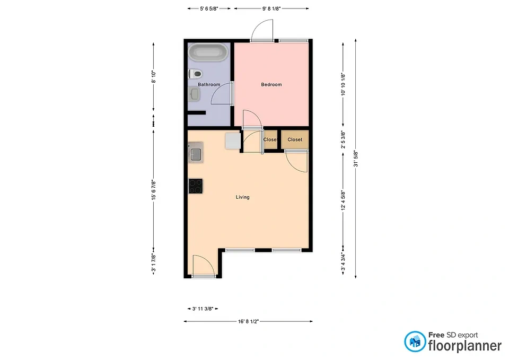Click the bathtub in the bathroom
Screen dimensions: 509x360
click(208, 52)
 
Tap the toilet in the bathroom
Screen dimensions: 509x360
click(195, 74)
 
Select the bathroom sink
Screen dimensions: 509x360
click(194, 95)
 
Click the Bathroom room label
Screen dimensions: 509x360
click(209, 84)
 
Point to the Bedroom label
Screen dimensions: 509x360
click(271, 84)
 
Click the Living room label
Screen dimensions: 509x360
click(242, 197)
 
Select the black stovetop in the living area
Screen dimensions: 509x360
click(196, 186)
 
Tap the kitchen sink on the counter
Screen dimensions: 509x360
click(196, 152)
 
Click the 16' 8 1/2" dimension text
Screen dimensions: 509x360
click(248, 321)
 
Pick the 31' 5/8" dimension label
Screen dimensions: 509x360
click(356, 159)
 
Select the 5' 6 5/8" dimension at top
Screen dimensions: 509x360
click(209, 9)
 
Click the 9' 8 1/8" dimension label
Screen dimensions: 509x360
click(271, 9)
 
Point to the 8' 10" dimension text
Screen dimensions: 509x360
click(154, 77)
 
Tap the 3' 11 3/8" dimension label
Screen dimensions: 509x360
click(203, 309)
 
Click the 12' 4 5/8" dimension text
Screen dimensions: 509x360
click(343, 200)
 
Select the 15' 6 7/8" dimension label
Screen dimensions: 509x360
click(154, 190)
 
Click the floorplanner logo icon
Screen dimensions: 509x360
click(415, 341)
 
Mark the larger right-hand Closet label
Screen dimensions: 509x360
click(295, 139)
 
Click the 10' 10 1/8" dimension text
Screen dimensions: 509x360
click(343, 84)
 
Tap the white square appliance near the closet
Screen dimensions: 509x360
click(233, 141)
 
